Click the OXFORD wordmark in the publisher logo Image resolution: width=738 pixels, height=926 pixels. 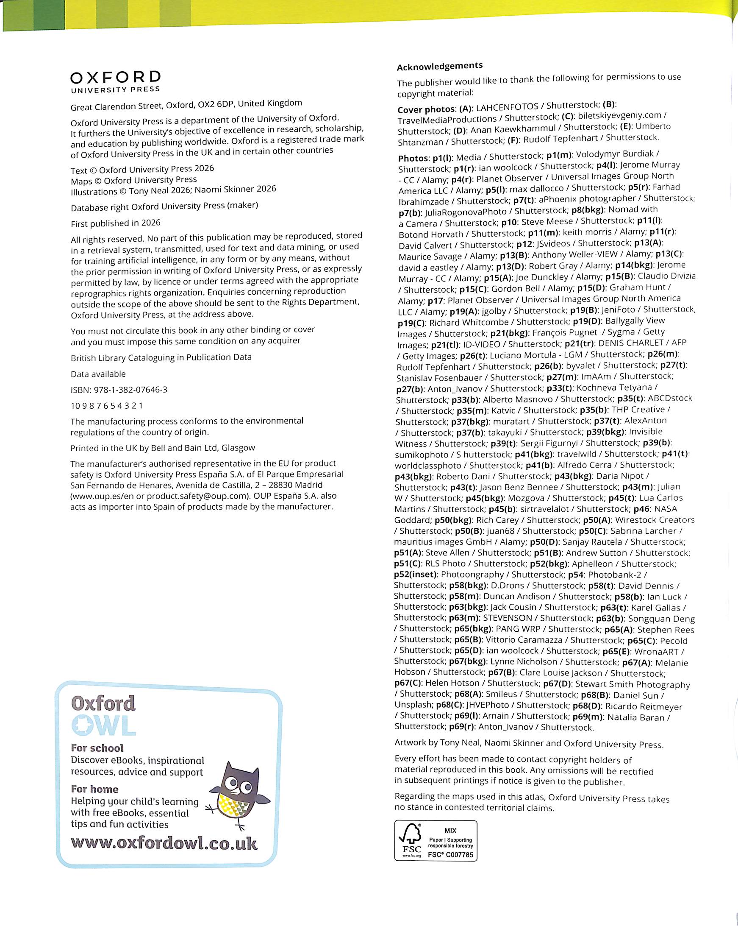pyautogui.click(x=115, y=77)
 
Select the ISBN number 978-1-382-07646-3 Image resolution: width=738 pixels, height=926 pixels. pyautogui.click(x=130, y=390)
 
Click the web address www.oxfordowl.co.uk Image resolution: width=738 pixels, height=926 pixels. pyautogui.click(x=164, y=843)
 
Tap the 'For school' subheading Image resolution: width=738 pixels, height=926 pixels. pyautogui.click(x=97, y=748)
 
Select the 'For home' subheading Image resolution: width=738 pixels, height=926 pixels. pyautogui.click(x=94, y=789)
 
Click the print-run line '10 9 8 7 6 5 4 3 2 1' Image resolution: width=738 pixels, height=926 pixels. pyautogui.click(x=107, y=405)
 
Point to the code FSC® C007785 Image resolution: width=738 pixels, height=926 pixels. pyautogui.click(x=450, y=855)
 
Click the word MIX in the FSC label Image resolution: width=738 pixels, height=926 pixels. pyautogui.click(x=450, y=831)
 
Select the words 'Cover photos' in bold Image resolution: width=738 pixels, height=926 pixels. pyautogui.click(x=426, y=109)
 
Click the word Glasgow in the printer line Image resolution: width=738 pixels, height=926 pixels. pyautogui.click(x=238, y=448)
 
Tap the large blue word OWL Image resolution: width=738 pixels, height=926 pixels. pyautogui.click(x=103, y=725)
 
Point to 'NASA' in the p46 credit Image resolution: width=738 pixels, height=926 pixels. pyautogui.click(x=666, y=509)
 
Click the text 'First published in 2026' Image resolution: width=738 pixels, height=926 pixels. pyautogui.click(x=115, y=223)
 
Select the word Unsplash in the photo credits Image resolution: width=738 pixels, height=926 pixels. pyautogui.click(x=413, y=705)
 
